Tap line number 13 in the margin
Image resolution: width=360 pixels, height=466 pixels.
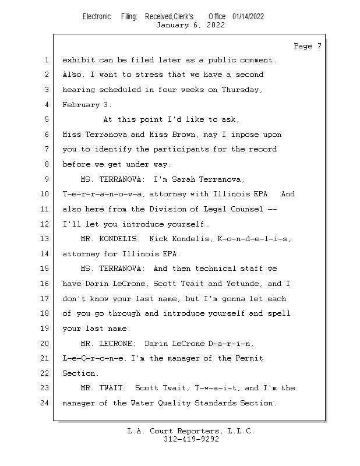click(45, 239)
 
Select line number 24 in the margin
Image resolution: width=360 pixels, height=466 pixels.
click(45, 403)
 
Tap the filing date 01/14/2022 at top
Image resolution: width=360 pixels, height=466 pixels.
click(248, 16)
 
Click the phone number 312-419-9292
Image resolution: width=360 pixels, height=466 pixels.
click(191, 439)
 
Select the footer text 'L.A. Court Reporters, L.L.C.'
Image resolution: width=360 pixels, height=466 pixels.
click(190, 431)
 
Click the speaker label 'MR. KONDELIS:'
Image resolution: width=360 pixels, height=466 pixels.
click(112, 239)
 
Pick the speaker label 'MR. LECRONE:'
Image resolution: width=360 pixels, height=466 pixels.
click(109, 343)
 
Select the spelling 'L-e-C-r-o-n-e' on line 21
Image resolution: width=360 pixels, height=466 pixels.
click(90, 358)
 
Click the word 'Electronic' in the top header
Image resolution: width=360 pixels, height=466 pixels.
click(97, 16)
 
